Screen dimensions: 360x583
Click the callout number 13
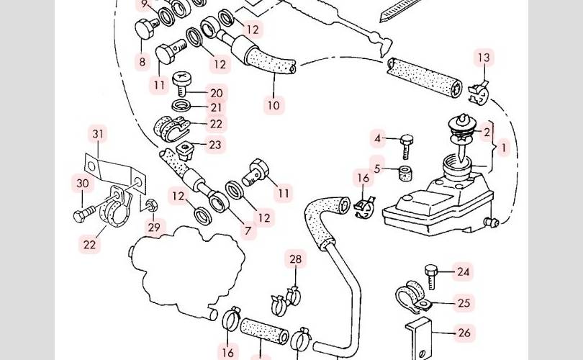pos(483,58)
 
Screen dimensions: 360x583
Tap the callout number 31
pos(98,134)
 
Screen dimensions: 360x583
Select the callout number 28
pos(295,259)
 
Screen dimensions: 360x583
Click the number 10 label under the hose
pos(274,105)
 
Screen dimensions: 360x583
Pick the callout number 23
pos(214,145)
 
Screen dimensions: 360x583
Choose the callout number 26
pos(464,333)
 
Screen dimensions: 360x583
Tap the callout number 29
pos(154,227)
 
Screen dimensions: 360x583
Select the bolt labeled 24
pos(431,276)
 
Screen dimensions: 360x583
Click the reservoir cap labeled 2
pos(461,126)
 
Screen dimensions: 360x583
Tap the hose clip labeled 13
pos(478,92)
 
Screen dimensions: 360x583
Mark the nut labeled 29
pos(151,207)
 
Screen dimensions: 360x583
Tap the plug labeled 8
pos(147,30)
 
